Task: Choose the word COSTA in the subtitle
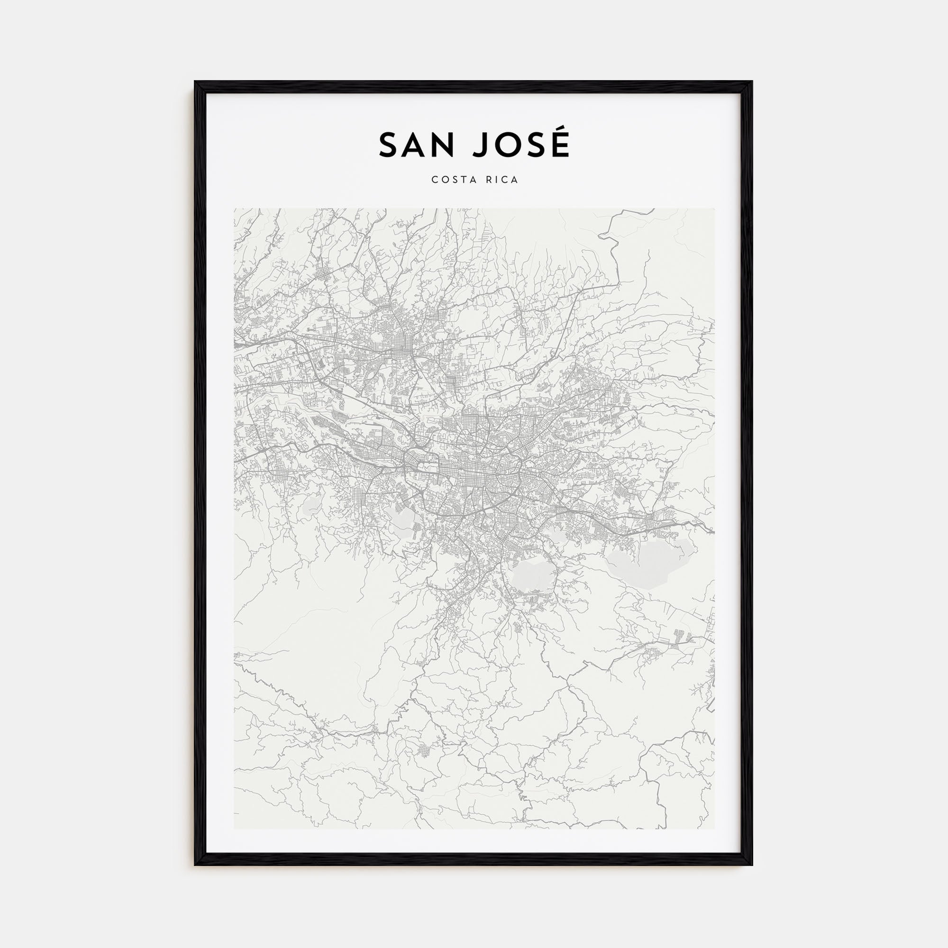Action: [x=452, y=180]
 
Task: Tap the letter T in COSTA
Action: [x=461, y=180]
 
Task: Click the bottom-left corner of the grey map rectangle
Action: [x=234, y=829]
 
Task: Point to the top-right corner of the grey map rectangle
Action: [x=714, y=209]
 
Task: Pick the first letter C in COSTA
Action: [x=435, y=180]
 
